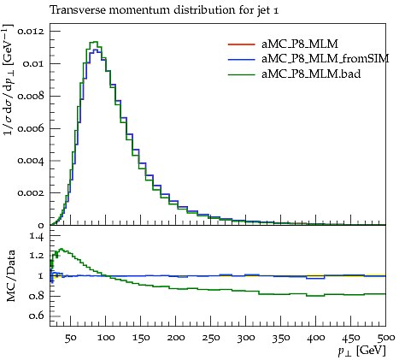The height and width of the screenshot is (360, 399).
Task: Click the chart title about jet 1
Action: [x=164, y=10]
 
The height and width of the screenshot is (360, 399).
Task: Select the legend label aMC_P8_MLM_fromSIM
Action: [x=326, y=59]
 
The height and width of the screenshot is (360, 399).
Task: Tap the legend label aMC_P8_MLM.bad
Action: [x=311, y=74]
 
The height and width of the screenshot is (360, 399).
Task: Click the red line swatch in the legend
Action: [x=241, y=44]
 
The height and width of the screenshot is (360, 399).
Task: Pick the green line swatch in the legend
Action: [x=241, y=74]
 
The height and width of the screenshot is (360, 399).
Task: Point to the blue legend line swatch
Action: [x=241, y=59]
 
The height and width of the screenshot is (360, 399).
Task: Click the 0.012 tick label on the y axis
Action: [x=31, y=31]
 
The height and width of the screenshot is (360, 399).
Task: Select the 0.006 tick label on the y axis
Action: [x=31, y=128]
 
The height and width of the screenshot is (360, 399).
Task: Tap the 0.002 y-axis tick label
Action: [x=31, y=193]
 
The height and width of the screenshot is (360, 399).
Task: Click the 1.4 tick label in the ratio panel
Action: [x=37, y=236]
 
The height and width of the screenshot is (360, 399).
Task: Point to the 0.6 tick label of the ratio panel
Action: [x=37, y=316]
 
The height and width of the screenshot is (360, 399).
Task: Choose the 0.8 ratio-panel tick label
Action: [x=37, y=296]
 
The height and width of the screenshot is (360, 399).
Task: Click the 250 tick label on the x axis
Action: [x=211, y=338]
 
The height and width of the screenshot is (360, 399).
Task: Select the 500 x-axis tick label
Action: [x=386, y=338]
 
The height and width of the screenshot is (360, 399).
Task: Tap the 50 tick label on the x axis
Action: [x=70, y=338]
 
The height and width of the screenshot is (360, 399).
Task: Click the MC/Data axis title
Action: [x=10, y=276]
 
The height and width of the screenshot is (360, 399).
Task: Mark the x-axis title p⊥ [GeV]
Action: [x=361, y=351]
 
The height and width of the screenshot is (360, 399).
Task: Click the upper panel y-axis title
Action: [x=8, y=80]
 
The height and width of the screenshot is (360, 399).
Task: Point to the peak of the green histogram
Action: [x=94, y=42]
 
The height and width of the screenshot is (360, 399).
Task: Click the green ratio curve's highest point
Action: [x=62, y=249]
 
